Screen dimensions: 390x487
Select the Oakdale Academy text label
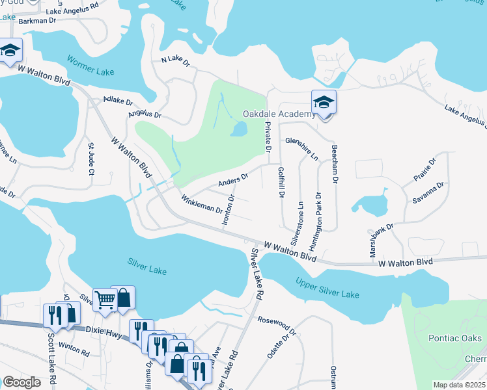click(x=279, y=114)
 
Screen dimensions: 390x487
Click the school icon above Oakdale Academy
click(x=324, y=103)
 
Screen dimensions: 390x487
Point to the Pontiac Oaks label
click(x=455, y=338)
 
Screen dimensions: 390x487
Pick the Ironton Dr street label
click(x=227, y=210)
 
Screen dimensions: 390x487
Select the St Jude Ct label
click(x=91, y=160)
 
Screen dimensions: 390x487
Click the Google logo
click(x=21, y=382)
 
